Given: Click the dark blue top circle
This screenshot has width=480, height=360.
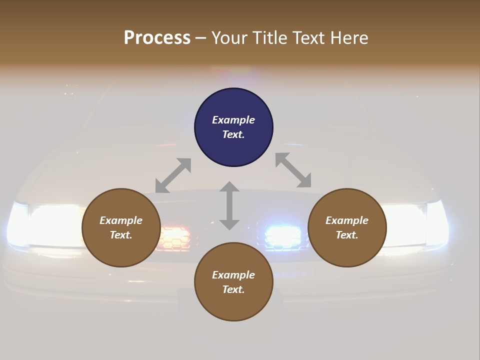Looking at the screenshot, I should [233, 127].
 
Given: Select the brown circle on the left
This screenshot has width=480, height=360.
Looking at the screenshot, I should [121, 227].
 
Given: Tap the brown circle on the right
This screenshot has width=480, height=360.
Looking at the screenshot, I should [347, 227].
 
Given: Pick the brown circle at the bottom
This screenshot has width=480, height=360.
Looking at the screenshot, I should [233, 281].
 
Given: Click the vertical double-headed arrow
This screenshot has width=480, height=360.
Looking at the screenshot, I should [229, 205].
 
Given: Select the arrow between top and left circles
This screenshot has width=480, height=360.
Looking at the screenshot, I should [173, 175].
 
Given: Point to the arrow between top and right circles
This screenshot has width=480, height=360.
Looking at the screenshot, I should [293, 170].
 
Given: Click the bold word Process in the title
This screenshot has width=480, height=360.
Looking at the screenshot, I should [157, 37].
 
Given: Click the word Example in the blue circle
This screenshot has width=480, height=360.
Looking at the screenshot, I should [233, 120].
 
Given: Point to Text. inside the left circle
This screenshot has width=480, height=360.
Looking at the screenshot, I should [121, 235].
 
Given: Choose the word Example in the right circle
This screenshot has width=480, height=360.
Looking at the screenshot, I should [347, 220].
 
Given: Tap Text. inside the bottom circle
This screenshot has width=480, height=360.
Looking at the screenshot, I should [233, 289].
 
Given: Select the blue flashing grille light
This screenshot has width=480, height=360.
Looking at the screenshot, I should [283, 234].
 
